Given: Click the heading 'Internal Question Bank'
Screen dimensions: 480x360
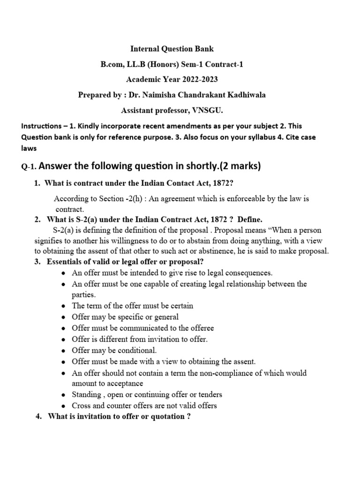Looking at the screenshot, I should pos(171,48).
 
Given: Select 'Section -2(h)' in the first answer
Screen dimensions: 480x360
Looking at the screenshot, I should pos(107,199).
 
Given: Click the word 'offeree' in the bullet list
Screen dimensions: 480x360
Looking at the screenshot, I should pos(200,328).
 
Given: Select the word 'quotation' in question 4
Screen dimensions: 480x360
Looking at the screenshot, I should pos(168,417).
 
